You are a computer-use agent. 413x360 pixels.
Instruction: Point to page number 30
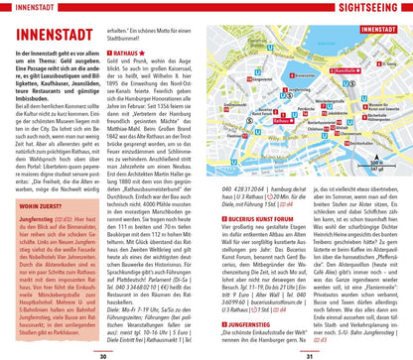tap(102, 354)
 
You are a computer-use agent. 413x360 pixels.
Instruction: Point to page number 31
tap(310, 354)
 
